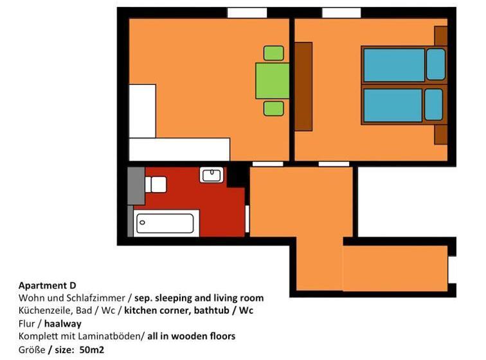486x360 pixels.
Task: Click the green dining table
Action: [x=272, y=80]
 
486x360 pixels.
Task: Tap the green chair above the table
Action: [x=274, y=53]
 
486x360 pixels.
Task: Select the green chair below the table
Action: [x=274, y=108]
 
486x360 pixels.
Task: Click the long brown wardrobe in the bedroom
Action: [x=303, y=86]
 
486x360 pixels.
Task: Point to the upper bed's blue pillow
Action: [x=435, y=64]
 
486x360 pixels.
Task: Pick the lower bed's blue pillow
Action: [x=434, y=105]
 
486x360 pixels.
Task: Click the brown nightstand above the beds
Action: [x=441, y=36]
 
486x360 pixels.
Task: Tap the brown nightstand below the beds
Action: [x=441, y=134]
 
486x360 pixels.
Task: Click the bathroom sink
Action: [x=211, y=175]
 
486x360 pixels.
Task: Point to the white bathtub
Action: [x=166, y=224]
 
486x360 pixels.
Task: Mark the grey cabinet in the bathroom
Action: [x=136, y=186]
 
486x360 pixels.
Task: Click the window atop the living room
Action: [x=247, y=13]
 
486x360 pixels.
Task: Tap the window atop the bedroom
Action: [x=341, y=13]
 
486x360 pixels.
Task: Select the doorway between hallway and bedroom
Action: [x=334, y=164]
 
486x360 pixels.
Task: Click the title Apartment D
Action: [x=48, y=285]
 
